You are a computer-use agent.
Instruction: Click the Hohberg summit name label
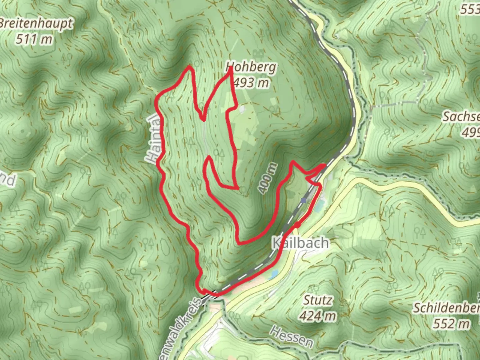(x=251, y=68)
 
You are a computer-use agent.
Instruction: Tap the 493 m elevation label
(x=251, y=82)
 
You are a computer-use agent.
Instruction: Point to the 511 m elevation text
(x=34, y=39)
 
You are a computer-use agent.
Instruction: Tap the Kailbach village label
(x=300, y=243)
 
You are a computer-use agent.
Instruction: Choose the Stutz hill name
(x=317, y=300)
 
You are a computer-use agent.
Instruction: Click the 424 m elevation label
(x=317, y=315)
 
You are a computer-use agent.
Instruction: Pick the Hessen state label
(x=292, y=337)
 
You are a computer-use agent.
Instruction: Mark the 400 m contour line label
(x=268, y=178)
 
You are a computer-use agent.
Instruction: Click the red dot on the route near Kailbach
(x=296, y=226)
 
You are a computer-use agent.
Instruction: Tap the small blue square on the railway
(x=303, y=200)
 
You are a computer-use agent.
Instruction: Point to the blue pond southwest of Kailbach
(x=274, y=274)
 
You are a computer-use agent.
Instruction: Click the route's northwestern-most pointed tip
(x=190, y=67)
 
